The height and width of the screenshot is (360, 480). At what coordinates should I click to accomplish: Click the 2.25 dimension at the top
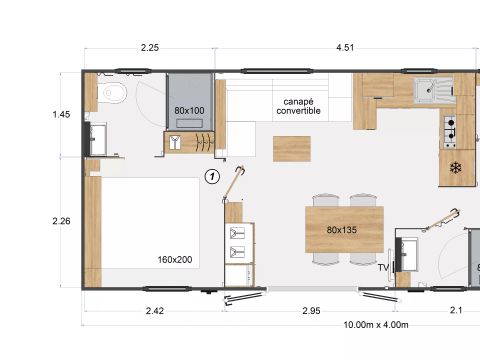[149, 47]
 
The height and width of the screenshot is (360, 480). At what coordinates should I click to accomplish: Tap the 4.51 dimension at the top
[344, 47]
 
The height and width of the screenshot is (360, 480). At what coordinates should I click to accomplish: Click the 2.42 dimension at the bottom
[155, 311]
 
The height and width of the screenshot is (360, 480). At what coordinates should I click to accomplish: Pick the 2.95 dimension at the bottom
[311, 311]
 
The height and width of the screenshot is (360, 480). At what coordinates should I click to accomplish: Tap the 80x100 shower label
[189, 111]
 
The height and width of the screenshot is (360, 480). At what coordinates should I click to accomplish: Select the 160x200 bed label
[175, 260]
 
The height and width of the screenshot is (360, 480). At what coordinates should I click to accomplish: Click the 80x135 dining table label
[342, 230]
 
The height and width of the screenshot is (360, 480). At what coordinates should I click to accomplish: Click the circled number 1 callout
[211, 177]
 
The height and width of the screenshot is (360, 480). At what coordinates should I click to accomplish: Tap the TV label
[383, 268]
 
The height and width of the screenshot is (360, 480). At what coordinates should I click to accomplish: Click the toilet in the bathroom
[113, 96]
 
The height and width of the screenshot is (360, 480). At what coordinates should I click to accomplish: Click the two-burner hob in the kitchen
[450, 128]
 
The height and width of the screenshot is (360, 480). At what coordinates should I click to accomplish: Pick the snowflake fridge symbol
[456, 167]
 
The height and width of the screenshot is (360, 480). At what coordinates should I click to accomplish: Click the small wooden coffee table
[292, 148]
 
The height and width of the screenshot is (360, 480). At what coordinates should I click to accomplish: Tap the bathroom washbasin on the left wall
[97, 138]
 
